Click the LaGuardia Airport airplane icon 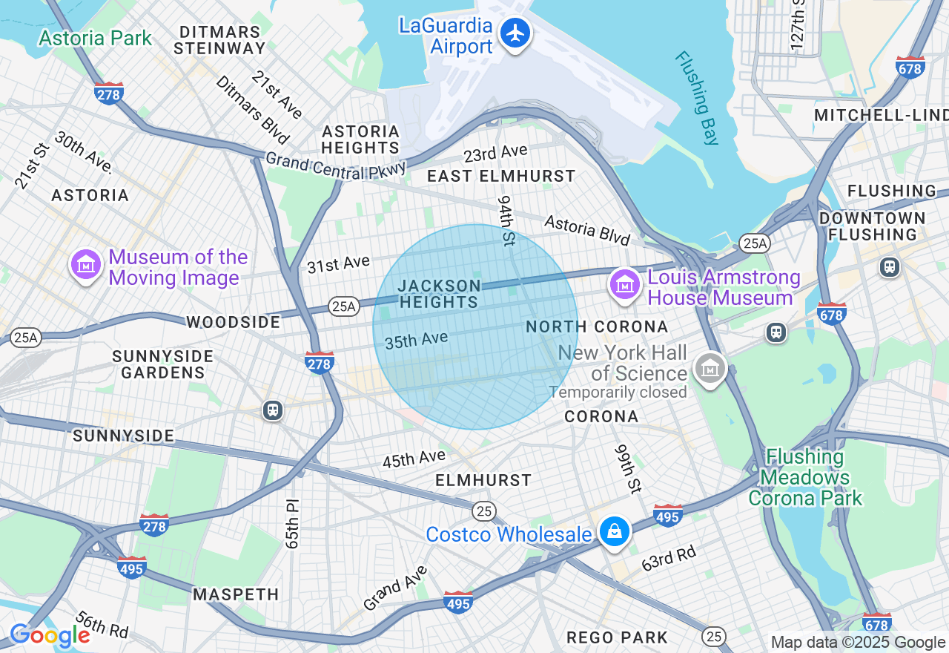click(x=515, y=33)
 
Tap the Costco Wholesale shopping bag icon click(x=615, y=532)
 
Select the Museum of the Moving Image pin click(x=86, y=265)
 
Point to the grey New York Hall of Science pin click(x=710, y=367)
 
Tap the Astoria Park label click(x=95, y=38)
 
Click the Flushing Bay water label click(x=697, y=97)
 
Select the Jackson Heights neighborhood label click(x=439, y=294)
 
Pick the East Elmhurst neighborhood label click(x=501, y=176)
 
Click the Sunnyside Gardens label click(x=162, y=364)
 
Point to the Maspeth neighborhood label click(x=236, y=594)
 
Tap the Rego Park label click(x=617, y=637)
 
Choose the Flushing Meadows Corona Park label click(x=805, y=477)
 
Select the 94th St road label click(x=506, y=221)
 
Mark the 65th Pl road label click(x=292, y=523)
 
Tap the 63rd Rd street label click(x=669, y=558)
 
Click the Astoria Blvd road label click(x=587, y=230)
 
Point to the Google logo click(x=50, y=636)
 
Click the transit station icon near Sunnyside click(x=273, y=410)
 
